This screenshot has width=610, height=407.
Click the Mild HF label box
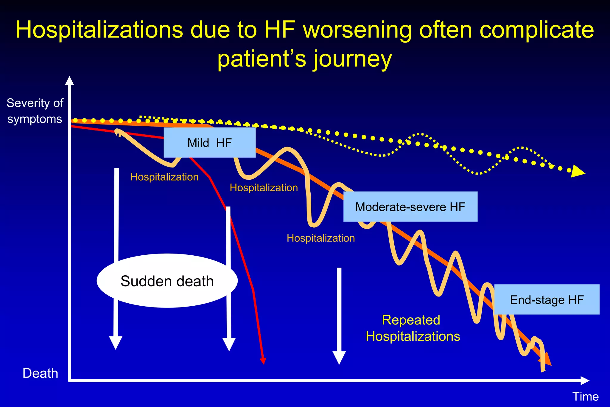click(x=209, y=143)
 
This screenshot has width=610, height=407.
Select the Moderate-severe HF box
click(x=410, y=207)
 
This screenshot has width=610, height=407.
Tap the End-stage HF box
click(x=547, y=300)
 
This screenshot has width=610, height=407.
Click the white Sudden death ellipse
click(x=167, y=281)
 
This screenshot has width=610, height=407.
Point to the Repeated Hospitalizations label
click(x=413, y=328)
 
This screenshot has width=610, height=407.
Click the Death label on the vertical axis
click(x=40, y=373)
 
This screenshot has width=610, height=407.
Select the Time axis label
click(x=585, y=397)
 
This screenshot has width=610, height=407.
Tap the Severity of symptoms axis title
click(x=35, y=111)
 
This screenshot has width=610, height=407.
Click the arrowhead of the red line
click(x=263, y=361)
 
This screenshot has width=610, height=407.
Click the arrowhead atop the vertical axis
click(x=69, y=81)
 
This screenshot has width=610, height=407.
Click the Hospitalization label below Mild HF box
click(x=164, y=177)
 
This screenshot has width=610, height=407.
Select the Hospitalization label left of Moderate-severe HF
click(x=264, y=188)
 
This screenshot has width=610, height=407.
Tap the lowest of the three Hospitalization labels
click(x=320, y=238)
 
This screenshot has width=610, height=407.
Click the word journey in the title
click(x=352, y=59)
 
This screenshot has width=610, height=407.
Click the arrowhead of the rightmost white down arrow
click(x=339, y=357)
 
